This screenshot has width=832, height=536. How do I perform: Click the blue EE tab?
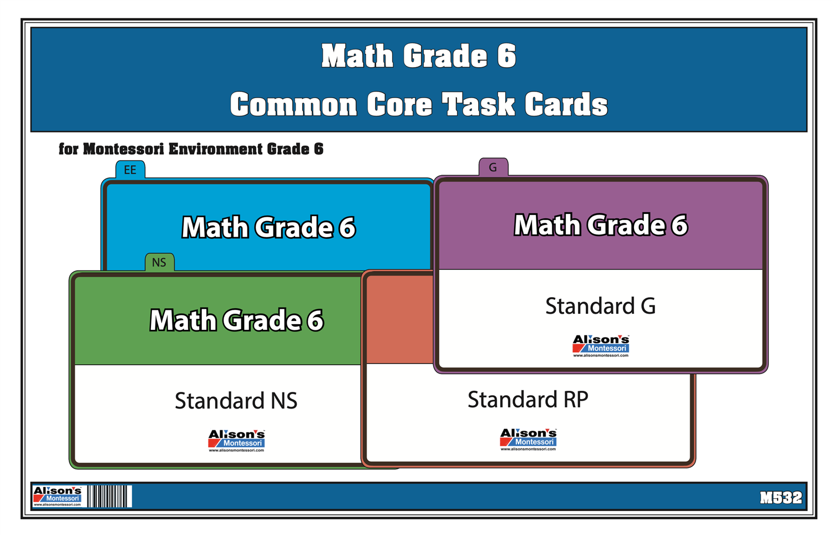pyautogui.click(x=130, y=170)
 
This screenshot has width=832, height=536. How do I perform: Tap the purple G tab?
pyautogui.click(x=493, y=167)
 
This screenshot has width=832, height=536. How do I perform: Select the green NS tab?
pyautogui.click(x=159, y=262)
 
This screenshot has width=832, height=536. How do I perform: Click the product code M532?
pyautogui.click(x=780, y=498)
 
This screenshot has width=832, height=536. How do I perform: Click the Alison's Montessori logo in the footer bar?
pyautogui.click(x=58, y=496)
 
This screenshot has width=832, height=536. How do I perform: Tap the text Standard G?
pyautogui.click(x=600, y=306)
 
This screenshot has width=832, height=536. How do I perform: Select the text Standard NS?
pyautogui.click(x=236, y=401)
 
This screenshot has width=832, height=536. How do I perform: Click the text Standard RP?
pyautogui.click(x=527, y=400)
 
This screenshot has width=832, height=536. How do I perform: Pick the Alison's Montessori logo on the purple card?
pyautogui.click(x=601, y=345)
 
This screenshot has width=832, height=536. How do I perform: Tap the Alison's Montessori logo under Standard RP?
pyautogui.click(x=528, y=439)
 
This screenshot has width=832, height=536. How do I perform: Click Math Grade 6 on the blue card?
pyautogui.click(x=268, y=227)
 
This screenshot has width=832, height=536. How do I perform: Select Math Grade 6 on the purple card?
pyautogui.click(x=600, y=225)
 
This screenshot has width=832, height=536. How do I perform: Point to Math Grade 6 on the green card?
pyautogui.click(x=236, y=320)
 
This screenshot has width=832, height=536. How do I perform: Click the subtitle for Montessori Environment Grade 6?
pyautogui.click(x=191, y=149)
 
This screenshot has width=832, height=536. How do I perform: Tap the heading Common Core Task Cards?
pyautogui.click(x=419, y=105)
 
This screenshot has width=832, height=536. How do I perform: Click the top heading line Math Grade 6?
pyautogui.click(x=419, y=56)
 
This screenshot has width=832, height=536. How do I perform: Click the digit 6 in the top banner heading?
pyautogui.click(x=506, y=56)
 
